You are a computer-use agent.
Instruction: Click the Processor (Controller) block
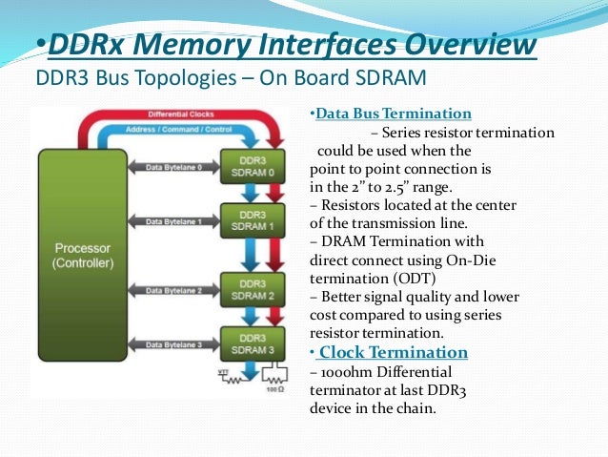[x=82, y=255]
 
